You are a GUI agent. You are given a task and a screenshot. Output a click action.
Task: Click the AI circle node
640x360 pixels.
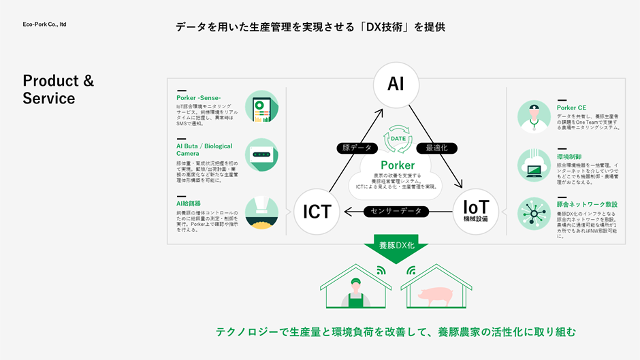(x=396, y=84)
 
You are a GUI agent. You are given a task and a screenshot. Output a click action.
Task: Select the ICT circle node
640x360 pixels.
(x=317, y=212)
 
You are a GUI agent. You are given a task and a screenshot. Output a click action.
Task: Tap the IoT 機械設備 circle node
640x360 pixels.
(x=475, y=211)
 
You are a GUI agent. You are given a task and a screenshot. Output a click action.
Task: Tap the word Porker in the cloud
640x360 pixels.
(x=397, y=165)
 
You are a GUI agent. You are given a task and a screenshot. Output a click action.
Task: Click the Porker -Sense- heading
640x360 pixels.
(x=199, y=98)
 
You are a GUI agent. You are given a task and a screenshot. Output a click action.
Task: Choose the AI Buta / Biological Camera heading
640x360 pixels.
(x=204, y=150)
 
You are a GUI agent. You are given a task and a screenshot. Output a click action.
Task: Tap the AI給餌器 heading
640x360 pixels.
(x=189, y=203)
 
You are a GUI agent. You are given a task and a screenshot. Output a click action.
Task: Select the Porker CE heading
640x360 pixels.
(x=571, y=108)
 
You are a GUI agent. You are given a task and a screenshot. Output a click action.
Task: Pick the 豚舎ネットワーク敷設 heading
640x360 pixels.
(x=587, y=204)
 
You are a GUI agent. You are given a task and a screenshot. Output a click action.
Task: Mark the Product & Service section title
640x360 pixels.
(x=59, y=89)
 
